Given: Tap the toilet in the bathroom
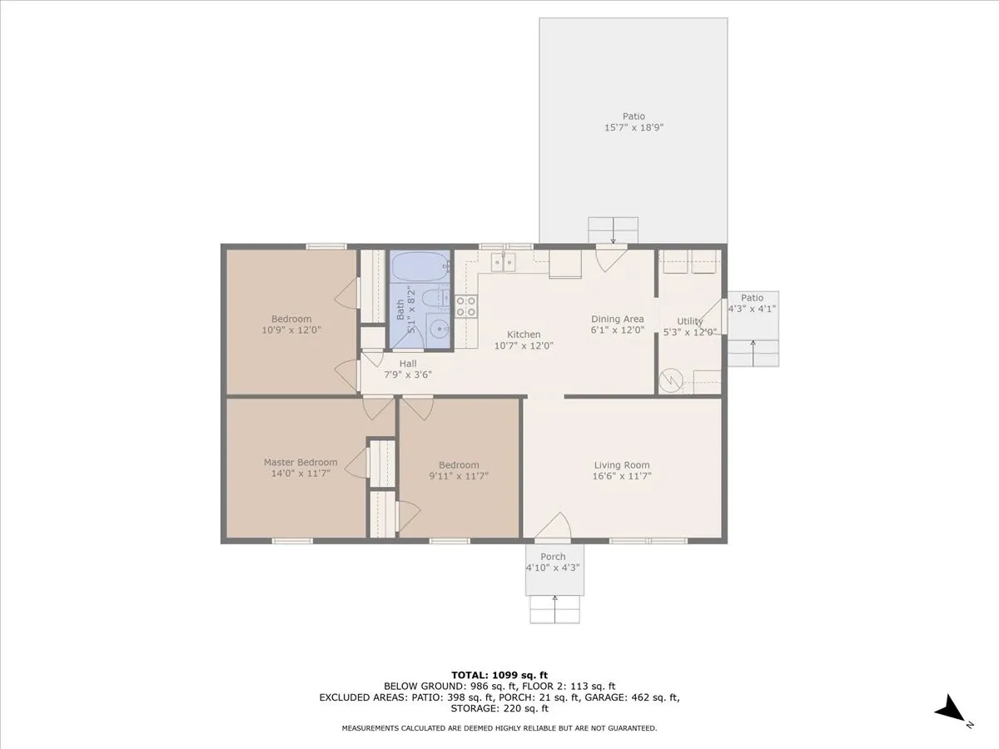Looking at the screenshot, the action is (x=435, y=298).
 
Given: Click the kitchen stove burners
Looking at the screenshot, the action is (x=466, y=306).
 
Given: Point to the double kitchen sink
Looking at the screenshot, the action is (x=503, y=262).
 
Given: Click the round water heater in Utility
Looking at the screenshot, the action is (x=671, y=379).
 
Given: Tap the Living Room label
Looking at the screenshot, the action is (x=622, y=464).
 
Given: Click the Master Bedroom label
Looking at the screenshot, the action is (x=301, y=462).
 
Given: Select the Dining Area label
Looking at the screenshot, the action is (x=618, y=319).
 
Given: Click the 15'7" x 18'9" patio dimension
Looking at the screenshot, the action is (x=634, y=127).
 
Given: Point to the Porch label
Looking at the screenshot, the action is (x=553, y=557).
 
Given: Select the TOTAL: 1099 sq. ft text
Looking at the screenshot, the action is (x=499, y=675).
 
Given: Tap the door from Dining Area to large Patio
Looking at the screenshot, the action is (x=612, y=258).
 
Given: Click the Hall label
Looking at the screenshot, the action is (x=408, y=364).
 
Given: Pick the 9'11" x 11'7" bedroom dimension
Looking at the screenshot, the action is (x=459, y=476).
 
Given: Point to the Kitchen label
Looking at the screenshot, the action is (x=524, y=335).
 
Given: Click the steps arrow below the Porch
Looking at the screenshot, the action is (x=554, y=609).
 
